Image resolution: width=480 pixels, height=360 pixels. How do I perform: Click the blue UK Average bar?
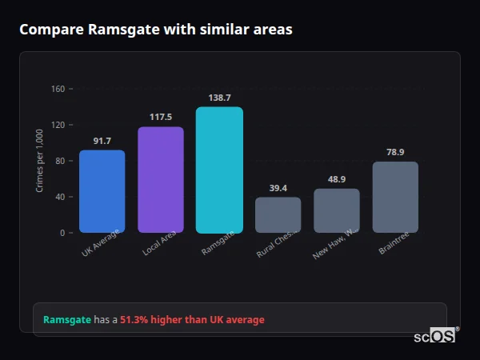tap(102, 191)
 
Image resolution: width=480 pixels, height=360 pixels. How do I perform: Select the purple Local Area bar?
tap(161, 180)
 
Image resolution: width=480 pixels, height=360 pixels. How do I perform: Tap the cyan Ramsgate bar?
tap(219, 170)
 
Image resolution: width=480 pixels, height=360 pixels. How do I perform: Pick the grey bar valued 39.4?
tap(278, 214)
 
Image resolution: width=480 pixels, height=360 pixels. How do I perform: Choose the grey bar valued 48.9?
tap(336, 210)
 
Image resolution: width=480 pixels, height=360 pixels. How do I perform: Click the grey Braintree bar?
tap(395, 197)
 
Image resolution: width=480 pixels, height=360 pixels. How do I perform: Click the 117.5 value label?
tap(161, 116)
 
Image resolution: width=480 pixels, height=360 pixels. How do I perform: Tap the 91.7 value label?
tap(102, 141)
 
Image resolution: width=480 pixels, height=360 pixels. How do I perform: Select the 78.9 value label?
tap(395, 152)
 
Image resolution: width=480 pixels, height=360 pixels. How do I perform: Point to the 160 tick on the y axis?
tap(58, 89)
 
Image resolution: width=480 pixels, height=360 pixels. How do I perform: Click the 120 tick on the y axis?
tap(58, 125)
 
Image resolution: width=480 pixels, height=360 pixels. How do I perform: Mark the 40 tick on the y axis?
tap(60, 197)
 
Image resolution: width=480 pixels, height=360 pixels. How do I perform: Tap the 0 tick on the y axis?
tap(62, 233)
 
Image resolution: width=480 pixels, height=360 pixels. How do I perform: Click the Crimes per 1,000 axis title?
tap(40, 161)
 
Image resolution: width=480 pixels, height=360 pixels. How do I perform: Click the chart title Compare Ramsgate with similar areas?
tap(156, 30)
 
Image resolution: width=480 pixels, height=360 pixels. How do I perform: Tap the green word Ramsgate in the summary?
tap(66, 320)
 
